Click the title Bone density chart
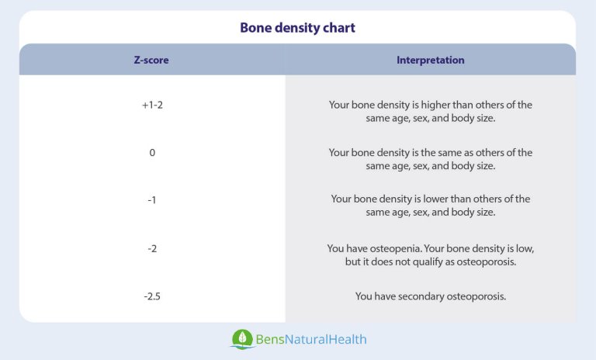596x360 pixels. [297, 28]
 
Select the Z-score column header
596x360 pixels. [151, 60]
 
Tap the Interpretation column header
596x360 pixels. [431, 60]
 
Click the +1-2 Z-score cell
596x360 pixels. [151, 105]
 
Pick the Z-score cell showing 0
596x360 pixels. [152, 153]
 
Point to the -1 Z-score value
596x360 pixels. [151, 199]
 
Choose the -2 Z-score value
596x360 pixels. [151, 248]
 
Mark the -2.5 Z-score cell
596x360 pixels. [151, 296]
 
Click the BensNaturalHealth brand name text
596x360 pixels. [311, 340]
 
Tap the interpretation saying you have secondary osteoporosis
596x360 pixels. [431, 296]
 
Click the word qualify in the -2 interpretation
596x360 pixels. [436, 261]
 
